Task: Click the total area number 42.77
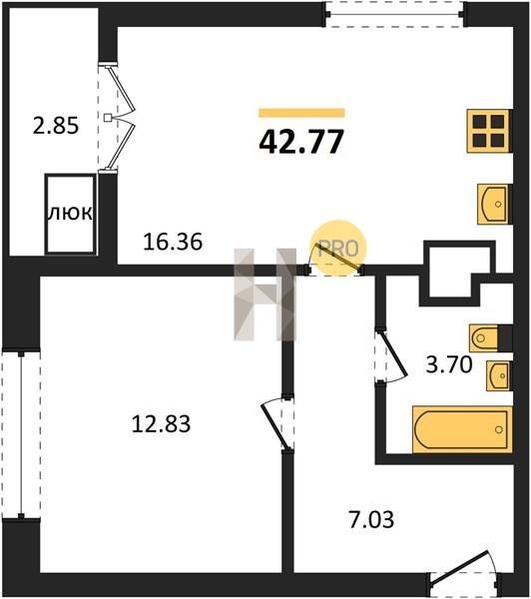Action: point(301,141)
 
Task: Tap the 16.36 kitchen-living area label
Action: point(173,242)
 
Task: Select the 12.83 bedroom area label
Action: point(161,424)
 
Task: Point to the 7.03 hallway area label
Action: point(371,519)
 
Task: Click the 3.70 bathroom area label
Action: point(449,364)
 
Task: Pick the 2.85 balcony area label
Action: point(56,126)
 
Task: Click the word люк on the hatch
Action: point(70,213)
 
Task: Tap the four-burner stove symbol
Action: point(489,131)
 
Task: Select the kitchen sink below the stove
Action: point(494,204)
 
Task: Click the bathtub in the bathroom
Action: point(462,429)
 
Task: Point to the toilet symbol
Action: point(484,337)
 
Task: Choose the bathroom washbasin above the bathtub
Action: point(499,375)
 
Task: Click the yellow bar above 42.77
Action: point(301,113)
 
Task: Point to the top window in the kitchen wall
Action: point(394,15)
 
